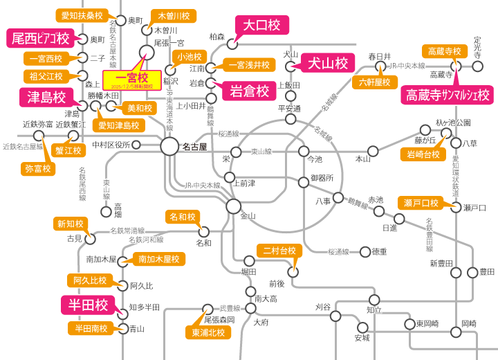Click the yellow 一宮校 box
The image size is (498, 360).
pos(132,79)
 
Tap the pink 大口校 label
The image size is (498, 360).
pos(259,26)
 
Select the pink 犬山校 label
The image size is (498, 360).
pos(327,63)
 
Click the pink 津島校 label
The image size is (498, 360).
pos(46,97)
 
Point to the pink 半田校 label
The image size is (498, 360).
pos(88,305)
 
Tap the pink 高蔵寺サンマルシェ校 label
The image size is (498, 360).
pos(448,94)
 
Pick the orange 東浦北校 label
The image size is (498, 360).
pos(207,332)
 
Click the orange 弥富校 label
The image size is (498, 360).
pos(38,168)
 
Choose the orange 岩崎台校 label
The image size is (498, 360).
pos(423,154)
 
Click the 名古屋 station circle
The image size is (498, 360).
pos(170,145)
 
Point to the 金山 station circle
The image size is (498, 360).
pos(234,206)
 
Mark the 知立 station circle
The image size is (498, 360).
pos(374,300)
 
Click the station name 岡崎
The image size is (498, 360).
pos(469,323)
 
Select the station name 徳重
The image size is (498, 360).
pos(379,251)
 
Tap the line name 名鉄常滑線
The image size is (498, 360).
pos(128,230)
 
